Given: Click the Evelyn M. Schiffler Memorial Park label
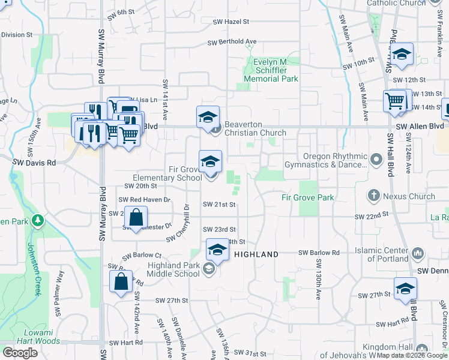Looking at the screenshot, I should [x=271, y=70].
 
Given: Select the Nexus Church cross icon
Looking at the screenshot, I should [x=373, y=196].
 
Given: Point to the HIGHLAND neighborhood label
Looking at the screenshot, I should [x=256, y=254].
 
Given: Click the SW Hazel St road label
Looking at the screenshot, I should [x=231, y=22].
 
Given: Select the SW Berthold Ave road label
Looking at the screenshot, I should [x=232, y=42].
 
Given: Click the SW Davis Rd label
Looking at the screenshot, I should [x=34, y=162].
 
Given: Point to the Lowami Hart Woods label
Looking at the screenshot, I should [x=41, y=337].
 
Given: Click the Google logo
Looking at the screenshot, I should [x=20, y=352].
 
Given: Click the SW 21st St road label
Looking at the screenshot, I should [x=219, y=205].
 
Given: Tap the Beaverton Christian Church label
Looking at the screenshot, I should [x=256, y=133].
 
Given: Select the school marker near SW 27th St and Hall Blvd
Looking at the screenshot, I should [x=405, y=289].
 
